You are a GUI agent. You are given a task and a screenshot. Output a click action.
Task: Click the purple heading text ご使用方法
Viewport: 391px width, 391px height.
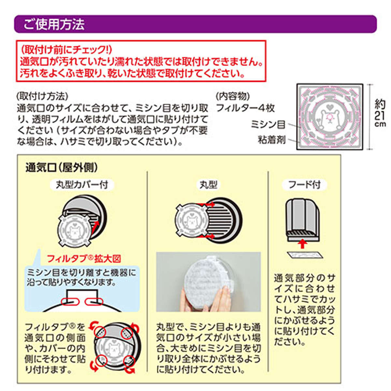pyautogui.click(x=54, y=24)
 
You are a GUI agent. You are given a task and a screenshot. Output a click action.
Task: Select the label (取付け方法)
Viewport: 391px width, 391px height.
pyautogui.click(x=42, y=96)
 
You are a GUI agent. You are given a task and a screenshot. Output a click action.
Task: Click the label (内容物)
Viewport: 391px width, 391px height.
pyautogui.click(x=233, y=96)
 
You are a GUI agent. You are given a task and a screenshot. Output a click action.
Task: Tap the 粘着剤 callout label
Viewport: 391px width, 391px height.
pyautogui.click(x=272, y=140)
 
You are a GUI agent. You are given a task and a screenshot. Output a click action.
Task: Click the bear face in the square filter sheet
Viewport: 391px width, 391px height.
pyautogui.click(x=330, y=120)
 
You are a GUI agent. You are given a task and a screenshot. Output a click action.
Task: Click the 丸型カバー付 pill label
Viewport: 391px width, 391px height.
pyautogui.click(x=82, y=185)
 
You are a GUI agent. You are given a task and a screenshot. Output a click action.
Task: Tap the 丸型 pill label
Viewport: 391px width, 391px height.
pyautogui.click(x=209, y=185)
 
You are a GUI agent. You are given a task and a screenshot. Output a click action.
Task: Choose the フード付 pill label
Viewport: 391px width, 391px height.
pyautogui.click(x=304, y=185)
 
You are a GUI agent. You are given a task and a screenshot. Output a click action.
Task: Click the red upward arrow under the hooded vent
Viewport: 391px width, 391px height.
pyautogui.click(x=302, y=243)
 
